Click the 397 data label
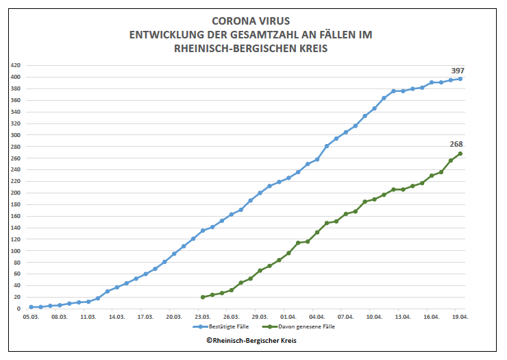[458, 71]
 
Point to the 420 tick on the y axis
[16, 65]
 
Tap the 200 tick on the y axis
[16, 193]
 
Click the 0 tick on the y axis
[18, 309]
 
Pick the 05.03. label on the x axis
[31, 317]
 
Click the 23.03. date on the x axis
[203, 317]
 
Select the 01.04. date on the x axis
[288, 317]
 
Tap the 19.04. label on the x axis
[460, 317]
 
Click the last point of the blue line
[460, 79]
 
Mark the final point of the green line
[460, 154]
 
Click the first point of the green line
[203, 297]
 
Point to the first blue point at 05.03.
[31, 307]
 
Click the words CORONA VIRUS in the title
[251, 21]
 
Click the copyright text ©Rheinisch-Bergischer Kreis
[251, 341]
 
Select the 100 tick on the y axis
[16, 250]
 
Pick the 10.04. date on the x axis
[374, 317]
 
